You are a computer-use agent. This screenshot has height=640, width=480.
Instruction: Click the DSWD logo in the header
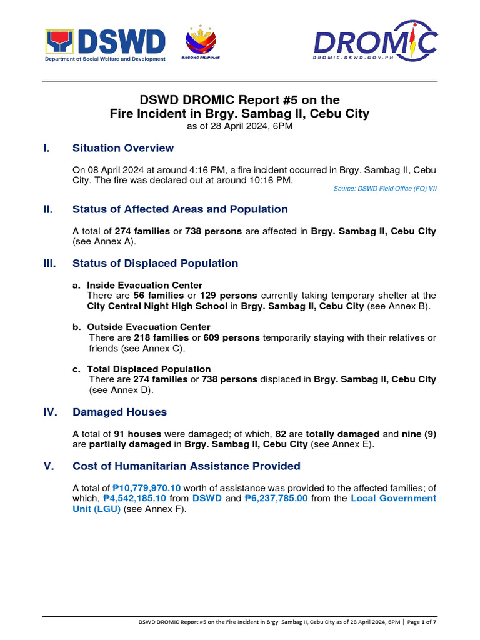pos(105,44)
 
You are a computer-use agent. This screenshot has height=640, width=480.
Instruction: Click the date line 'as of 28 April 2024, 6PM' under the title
pos(239,126)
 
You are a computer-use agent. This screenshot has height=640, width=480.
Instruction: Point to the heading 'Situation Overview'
pos(123,148)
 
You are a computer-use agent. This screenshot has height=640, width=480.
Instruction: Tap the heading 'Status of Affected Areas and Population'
pos(180,209)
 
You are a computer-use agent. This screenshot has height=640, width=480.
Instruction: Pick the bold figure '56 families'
pos(159,295)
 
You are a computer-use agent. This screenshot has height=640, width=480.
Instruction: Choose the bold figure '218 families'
pos(161,337)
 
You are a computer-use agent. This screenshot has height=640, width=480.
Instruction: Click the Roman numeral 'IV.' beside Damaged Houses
pos(51,412)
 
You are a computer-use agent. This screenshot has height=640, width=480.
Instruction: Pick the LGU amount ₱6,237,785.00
pos(276,498)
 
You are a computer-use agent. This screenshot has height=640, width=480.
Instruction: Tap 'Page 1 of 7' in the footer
pos(422,622)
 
